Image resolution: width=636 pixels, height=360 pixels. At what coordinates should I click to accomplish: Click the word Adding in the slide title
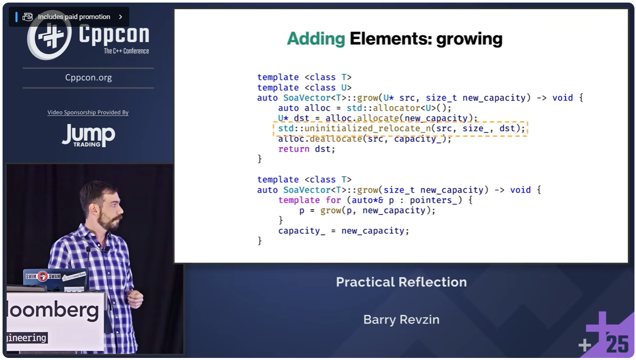(x=316, y=39)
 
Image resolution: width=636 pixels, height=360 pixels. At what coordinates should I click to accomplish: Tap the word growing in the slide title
(x=469, y=39)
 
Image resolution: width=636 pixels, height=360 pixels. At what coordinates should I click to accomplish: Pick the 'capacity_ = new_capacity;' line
(x=343, y=231)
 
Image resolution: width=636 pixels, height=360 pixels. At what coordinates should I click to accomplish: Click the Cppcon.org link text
(x=89, y=77)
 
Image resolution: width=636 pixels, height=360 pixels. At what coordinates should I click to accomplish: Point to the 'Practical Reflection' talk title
(x=401, y=282)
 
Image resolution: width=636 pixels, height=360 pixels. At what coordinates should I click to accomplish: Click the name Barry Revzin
(x=401, y=319)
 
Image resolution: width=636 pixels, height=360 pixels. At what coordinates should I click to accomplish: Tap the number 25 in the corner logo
(x=616, y=344)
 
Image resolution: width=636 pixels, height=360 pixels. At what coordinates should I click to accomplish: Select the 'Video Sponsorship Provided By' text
(x=88, y=112)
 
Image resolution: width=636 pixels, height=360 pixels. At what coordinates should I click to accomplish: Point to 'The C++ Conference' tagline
(x=126, y=51)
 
